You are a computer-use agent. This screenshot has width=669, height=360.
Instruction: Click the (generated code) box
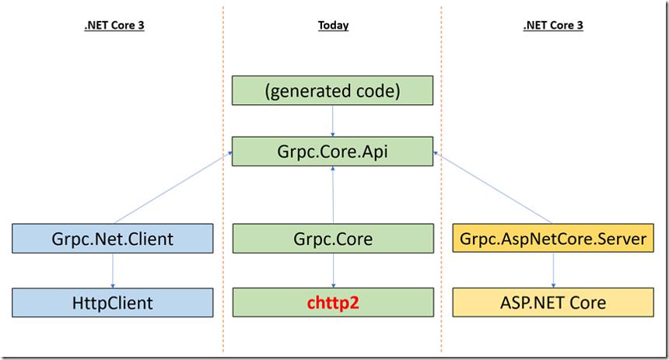coord(332,90)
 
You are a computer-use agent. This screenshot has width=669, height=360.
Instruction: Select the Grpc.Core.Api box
coord(332,152)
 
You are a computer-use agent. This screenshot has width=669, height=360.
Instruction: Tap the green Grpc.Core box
coord(333,239)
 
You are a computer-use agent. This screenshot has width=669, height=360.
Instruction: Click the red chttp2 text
coord(333,302)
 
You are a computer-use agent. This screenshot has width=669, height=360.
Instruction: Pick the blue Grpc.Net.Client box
coord(113,239)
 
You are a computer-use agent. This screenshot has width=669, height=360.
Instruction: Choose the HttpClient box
coord(113,302)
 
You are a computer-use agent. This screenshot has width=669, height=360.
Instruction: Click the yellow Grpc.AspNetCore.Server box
coord(553,239)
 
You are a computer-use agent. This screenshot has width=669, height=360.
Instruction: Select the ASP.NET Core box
coord(553,302)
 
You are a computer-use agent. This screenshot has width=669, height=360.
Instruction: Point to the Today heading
coord(333,26)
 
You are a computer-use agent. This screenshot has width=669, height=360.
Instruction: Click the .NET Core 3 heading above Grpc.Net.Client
coord(114,26)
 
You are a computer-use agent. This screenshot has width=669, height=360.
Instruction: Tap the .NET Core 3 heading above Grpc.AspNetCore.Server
coord(553,26)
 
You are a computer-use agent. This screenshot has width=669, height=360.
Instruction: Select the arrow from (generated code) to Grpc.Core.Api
coord(332,121)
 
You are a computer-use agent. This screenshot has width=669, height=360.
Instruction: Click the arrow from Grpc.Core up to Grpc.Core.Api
coord(333,195)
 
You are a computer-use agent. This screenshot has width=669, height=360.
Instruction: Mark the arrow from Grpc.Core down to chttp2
coord(333,271)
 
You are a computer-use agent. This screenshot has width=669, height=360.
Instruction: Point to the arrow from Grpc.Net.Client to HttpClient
coord(113,271)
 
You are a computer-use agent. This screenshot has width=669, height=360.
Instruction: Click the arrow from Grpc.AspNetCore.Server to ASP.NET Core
coord(553,271)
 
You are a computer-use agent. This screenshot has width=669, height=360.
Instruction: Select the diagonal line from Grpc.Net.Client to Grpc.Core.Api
coord(173,187)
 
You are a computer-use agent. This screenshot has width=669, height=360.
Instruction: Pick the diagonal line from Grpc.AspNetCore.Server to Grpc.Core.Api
coord(492,187)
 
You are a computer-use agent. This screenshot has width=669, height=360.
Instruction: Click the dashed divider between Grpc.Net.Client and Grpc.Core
coord(223,179)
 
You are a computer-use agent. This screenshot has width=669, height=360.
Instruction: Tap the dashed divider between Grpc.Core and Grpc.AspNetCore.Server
coord(442,179)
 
